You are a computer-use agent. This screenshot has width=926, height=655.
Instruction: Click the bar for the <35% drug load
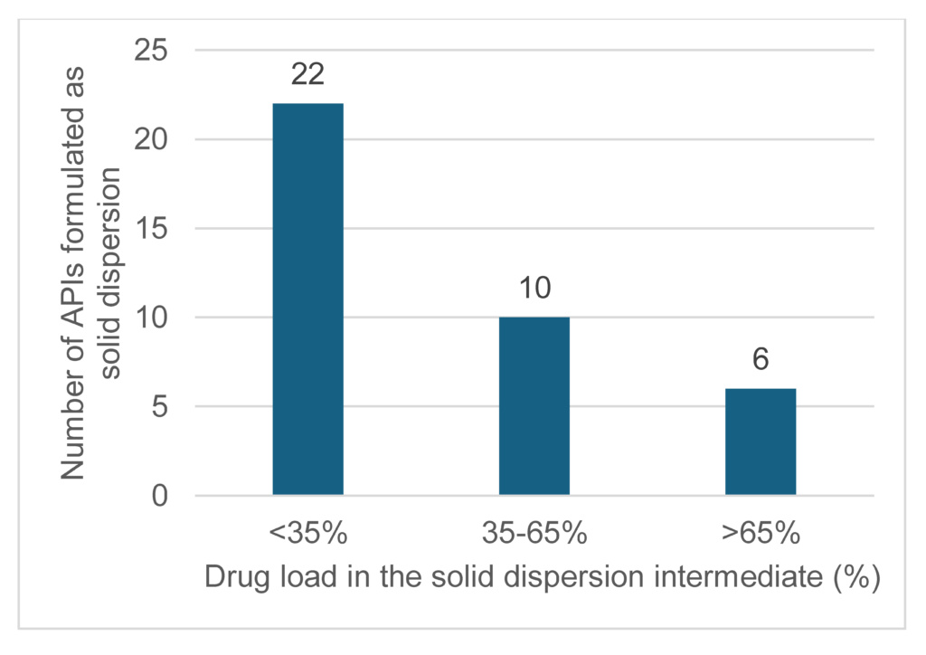307,299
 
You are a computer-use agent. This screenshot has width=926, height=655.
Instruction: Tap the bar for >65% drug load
761,441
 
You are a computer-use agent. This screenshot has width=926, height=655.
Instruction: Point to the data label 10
534,288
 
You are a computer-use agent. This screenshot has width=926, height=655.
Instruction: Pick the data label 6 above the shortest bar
761,359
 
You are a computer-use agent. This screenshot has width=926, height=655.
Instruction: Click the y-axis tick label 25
151,51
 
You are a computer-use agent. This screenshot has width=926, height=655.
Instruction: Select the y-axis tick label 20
151,139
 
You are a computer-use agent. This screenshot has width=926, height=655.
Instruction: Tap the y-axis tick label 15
151,229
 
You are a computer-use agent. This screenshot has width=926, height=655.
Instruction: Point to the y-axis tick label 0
160,496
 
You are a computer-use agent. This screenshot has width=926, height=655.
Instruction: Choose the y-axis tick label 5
160,407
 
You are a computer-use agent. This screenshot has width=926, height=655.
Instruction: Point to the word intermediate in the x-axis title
734,577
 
